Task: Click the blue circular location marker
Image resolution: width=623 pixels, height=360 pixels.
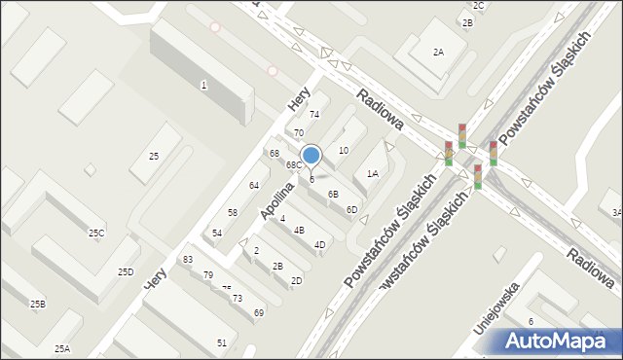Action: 311,156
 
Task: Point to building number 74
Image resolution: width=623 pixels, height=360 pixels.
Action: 314,115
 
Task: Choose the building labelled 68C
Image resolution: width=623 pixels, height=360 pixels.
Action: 293,165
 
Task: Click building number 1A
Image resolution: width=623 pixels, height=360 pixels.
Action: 372,174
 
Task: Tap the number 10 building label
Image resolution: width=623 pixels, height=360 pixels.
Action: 343,151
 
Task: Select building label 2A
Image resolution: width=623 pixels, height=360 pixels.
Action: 438,53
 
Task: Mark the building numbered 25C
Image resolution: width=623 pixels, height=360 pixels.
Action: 96,234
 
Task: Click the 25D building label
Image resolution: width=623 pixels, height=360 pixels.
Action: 126,272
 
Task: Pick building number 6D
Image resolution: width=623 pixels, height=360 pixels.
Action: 351,210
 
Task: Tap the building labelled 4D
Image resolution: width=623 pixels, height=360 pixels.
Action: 319,244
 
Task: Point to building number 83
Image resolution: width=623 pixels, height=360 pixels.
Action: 188,260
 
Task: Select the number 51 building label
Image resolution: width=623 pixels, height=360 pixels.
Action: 222,342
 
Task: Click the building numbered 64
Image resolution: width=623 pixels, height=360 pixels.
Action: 253,185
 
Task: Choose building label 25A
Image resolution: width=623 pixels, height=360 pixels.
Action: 62,348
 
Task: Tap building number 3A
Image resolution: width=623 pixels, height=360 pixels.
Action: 615,212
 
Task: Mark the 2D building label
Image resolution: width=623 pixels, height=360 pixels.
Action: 296,281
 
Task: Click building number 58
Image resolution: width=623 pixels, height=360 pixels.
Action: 233,212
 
